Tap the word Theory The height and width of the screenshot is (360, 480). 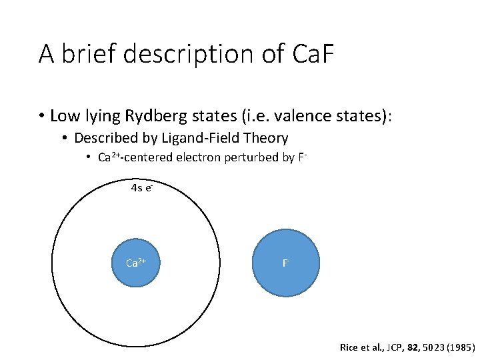point(266,139)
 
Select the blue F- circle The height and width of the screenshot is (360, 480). point(286,263)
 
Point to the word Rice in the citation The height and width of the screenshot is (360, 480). point(349,347)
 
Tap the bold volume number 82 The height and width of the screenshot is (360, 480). point(409,347)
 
